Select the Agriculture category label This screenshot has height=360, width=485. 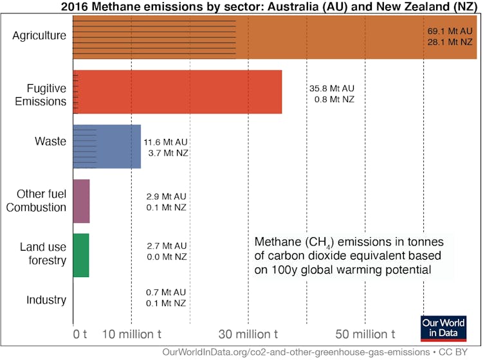pyautogui.click(x=39, y=35)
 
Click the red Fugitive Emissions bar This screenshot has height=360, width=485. pyautogui.click(x=178, y=91)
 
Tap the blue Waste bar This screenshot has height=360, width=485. pyautogui.click(x=107, y=147)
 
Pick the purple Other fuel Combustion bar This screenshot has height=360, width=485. pyautogui.click(x=81, y=201)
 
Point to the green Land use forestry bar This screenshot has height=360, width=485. pyautogui.click(x=81, y=255)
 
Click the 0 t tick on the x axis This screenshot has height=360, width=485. pyautogui.click(x=79, y=334)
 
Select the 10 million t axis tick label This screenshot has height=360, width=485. pyautogui.click(x=133, y=334)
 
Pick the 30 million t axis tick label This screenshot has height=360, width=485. pyautogui.click(x=248, y=334)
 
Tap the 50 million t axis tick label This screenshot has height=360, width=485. pyautogui.click(x=365, y=334)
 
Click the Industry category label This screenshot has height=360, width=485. pyautogui.click(x=46, y=300)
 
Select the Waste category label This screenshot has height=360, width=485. pyautogui.click(x=52, y=141)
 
